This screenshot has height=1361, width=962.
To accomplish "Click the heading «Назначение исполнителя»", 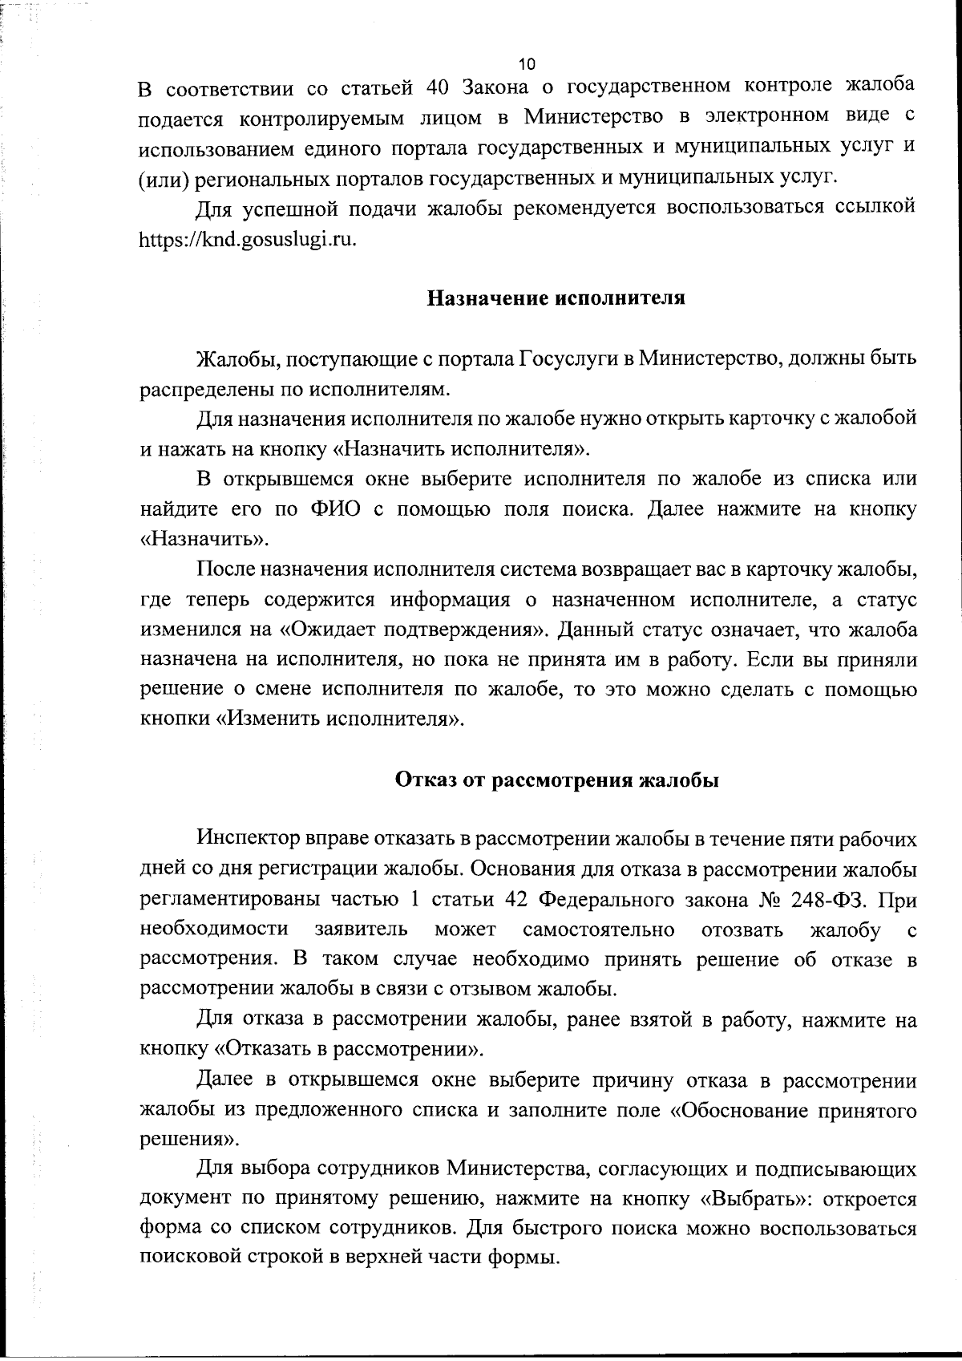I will tap(555, 299).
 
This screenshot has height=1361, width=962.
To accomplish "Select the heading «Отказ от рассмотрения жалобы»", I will tap(557, 780).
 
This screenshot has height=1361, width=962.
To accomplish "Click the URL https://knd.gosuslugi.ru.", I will tap(248, 240).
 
